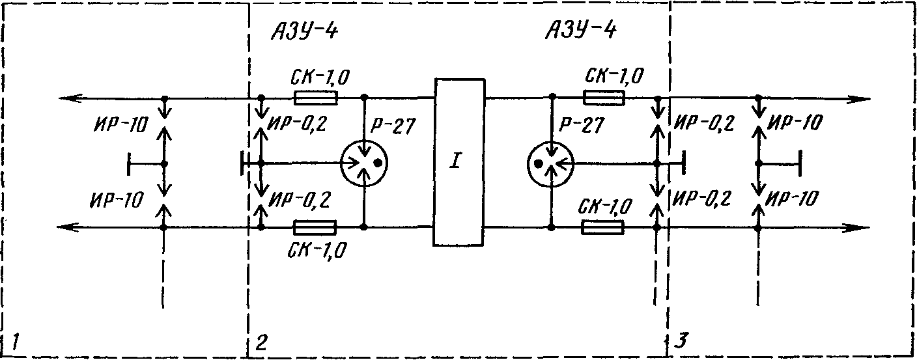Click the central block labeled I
point(459,162)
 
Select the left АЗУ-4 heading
point(305,31)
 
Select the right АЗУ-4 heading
point(581,30)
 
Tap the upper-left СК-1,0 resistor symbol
point(316,98)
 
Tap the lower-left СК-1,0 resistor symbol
point(315,227)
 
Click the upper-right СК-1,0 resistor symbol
point(604,98)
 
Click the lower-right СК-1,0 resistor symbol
point(602,227)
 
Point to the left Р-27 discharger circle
point(364,163)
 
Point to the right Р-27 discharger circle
point(550,163)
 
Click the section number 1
point(16,342)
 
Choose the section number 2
point(261,342)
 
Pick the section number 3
point(681,340)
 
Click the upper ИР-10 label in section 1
point(120,125)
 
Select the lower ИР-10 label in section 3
point(792,199)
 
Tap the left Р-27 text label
point(393,126)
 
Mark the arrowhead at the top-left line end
point(70,98)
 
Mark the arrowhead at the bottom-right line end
point(858,227)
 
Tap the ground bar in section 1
point(129,163)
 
